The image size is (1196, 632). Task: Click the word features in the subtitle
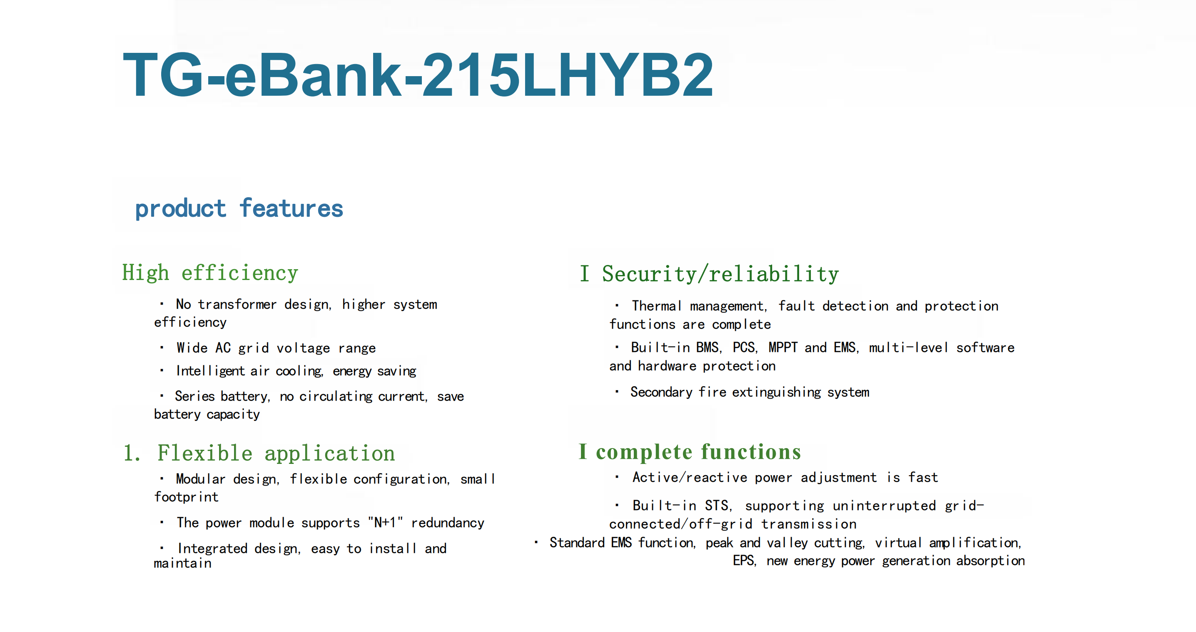pos(291,208)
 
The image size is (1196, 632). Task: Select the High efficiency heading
pos(210,273)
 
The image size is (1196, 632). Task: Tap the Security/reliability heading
pos(720,274)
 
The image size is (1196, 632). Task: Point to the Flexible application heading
pos(276,453)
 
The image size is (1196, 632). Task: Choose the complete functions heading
pos(698,452)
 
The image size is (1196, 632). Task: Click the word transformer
pos(237,305)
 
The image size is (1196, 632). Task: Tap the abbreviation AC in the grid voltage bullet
pos(223,347)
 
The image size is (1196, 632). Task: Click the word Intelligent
pos(210,371)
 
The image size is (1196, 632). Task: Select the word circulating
pos(336,396)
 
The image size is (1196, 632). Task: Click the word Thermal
pos(656,306)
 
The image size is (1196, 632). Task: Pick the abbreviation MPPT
pos(783,347)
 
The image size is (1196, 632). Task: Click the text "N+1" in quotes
pos(385,523)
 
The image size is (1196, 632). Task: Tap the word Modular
pos(201,479)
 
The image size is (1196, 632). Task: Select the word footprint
pos(186,497)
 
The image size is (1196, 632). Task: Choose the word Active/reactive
pos(690,478)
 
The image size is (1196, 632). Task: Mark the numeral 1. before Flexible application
pos(132,453)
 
